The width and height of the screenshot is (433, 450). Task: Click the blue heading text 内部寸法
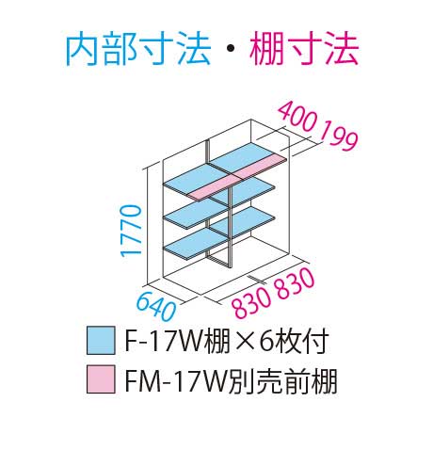point(138,50)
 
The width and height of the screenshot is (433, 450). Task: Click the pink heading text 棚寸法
point(304,50)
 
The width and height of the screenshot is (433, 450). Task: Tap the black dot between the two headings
point(231,49)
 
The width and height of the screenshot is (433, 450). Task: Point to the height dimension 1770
point(131,231)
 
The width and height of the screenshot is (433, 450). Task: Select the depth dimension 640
point(156,306)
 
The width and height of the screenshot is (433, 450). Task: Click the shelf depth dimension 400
point(297,117)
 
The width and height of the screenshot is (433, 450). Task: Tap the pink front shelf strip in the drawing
point(237,177)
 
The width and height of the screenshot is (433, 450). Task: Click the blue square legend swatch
point(101,341)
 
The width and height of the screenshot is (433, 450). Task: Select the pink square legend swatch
point(101,379)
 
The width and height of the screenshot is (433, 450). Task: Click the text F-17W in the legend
point(164,341)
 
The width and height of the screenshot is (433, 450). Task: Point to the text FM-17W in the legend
point(176,379)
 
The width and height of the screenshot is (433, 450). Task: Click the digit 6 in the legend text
point(266,341)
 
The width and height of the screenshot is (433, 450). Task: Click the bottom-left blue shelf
point(195,243)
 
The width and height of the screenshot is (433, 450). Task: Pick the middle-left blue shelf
point(195,214)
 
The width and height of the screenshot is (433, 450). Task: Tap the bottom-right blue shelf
point(243,222)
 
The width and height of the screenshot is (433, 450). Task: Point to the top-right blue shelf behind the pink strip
point(243,156)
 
